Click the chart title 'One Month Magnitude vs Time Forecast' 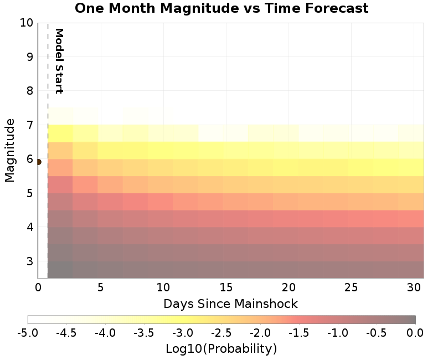tap(221, 8)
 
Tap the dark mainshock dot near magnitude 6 tap(38, 162)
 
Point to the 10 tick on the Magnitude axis tap(26, 23)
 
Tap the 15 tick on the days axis tap(225, 287)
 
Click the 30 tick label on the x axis tap(413, 287)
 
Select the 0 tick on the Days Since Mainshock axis tap(38, 287)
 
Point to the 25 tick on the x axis tap(350, 287)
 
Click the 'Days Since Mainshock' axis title tap(230, 304)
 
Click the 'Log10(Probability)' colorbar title tap(221, 349)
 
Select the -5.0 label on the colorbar tap(28, 333)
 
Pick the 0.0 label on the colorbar tap(415, 333)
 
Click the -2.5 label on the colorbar tap(221, 333)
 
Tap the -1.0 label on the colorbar tap(338, 333)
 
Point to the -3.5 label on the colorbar tap(144, 333)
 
